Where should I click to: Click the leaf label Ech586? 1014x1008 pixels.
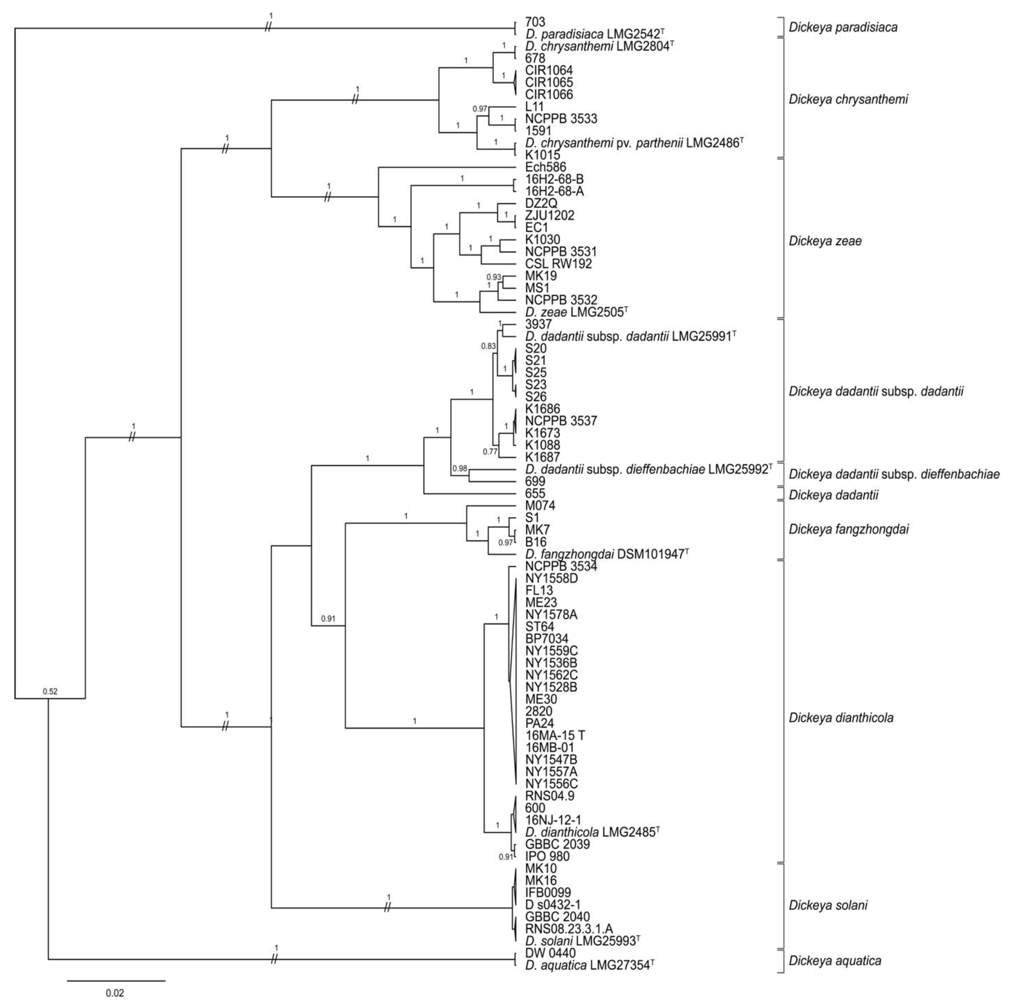[x=545, y=167]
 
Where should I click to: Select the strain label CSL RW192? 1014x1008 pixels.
[x=558, y=264]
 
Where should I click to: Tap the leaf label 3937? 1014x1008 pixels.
[x=538, y=324]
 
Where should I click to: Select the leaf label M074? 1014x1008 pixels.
[x=540, y=506]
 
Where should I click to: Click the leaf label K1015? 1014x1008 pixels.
[x=542, y=155]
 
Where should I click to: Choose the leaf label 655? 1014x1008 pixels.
[x=535, y=494]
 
